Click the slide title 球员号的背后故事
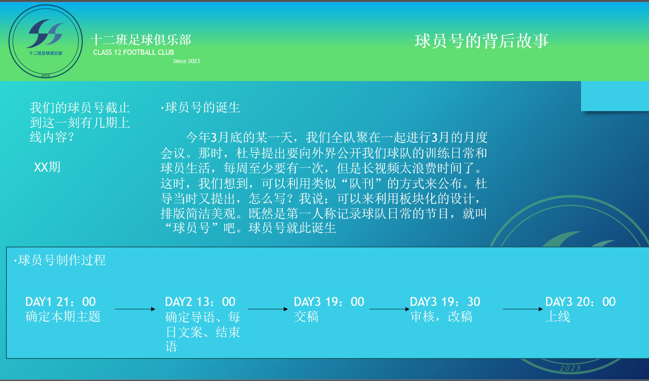[481, 41]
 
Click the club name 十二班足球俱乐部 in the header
[141, 40]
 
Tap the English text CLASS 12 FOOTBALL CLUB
[134, 53]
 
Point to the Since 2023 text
[186, 61]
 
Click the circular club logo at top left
[45, 41]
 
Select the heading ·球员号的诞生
[200, 108]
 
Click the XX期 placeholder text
[47, 167]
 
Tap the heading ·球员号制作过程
[60, 260]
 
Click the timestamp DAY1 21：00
[60, 302]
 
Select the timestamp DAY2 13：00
[200, 302]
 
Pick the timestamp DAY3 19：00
[329, 302]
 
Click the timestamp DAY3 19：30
[445, 302]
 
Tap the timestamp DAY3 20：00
[581, 302]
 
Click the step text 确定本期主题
[63, 317]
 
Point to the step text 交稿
[306, 317]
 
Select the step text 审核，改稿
[441, 317]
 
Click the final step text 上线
[558, 317]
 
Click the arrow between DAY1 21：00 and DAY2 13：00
[135, 309]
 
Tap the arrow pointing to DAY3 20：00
[523, 309]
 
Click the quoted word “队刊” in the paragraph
[362, 184]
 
